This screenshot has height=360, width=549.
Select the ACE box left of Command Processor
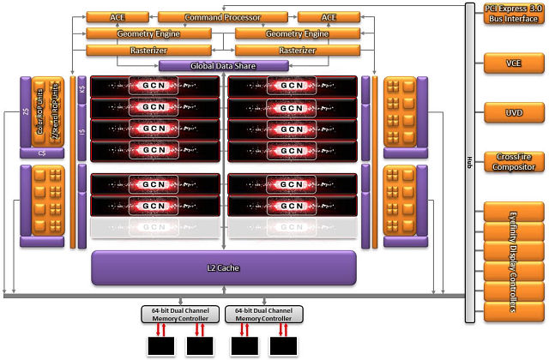pos(117,17)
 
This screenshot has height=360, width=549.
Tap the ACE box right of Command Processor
pos(328,17)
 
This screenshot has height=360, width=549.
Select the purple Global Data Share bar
pos(223,66)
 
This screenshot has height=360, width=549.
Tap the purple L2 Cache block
pos(223,267)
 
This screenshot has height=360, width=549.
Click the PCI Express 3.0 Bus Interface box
pos(513,14)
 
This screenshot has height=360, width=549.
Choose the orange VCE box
pos(513,63)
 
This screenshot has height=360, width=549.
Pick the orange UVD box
pos(513,112)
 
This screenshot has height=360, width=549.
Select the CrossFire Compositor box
pos(513,162)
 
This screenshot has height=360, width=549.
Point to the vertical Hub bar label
pos(469,161)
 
